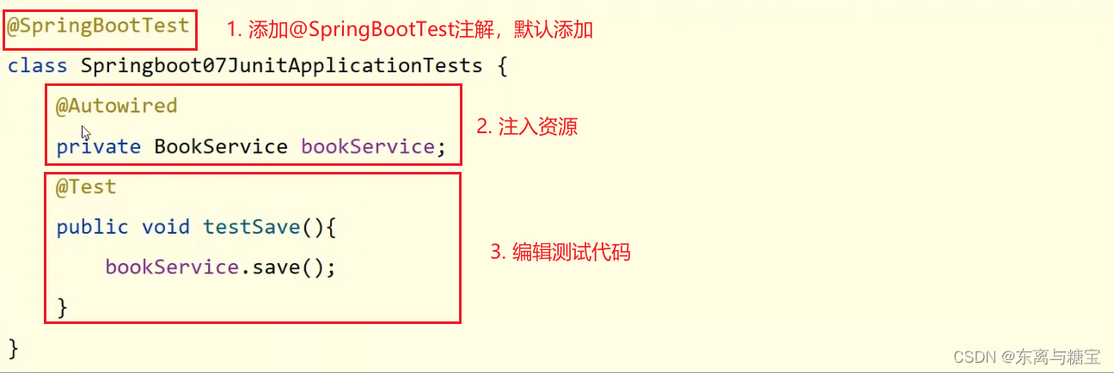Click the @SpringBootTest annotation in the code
(x=98, y=26)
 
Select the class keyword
(x=37, y=65)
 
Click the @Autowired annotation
(x=116, y=106)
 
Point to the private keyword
(x=99, y=147)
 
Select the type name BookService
(x=221, y=147)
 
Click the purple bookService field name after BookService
(x=368, y=147)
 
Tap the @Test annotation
(x=86, y=187)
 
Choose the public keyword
(x=92, y=228)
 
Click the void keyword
(x=166, y=227)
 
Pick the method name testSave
(x=252, y=227)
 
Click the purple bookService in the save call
(x=172, y=267)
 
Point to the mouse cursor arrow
(x=86, y=133)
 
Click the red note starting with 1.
(x=410, y=30)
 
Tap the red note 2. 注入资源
(x=527, y=127)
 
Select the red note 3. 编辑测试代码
(x=560, y=252)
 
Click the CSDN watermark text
(x=1027, y=357)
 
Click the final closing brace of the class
(x=14, y=348)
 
